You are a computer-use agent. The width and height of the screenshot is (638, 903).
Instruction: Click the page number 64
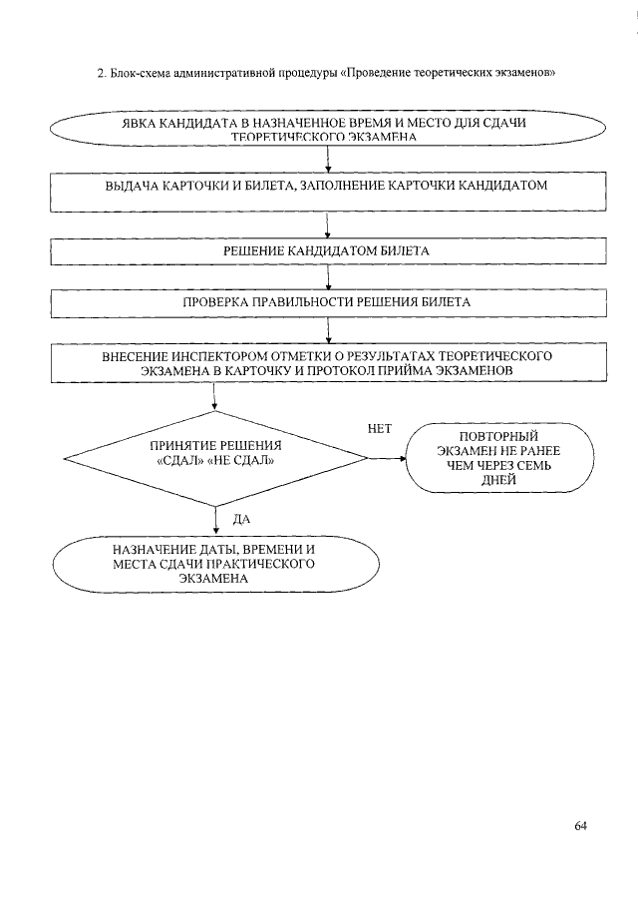[x=581, y=825]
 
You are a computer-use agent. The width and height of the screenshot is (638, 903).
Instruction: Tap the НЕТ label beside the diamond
[x=380, y=429]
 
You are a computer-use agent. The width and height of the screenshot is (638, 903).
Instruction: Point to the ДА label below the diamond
[x=240, y=520]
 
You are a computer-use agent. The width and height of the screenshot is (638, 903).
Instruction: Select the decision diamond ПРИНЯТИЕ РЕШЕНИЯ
[x=215, y=458]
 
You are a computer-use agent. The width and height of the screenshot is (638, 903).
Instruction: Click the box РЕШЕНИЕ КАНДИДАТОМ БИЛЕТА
[x=327, y=251]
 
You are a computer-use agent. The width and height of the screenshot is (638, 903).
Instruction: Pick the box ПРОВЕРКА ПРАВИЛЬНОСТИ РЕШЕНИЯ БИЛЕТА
[x=327, y=301]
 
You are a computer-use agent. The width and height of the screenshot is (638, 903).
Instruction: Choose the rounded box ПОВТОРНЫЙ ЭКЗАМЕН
[x=499, y=458]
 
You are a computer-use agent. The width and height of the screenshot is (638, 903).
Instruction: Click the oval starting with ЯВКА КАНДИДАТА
[x=327, y=130]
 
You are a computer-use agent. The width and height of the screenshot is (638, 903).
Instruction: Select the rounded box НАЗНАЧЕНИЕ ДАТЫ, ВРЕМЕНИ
[x=215, y=564]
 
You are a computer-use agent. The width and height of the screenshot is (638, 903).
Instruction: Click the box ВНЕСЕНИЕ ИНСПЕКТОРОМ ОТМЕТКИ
[x=327, y=363]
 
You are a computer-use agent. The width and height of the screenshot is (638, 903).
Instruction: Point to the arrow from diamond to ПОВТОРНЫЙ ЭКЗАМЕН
[x=387, y=459]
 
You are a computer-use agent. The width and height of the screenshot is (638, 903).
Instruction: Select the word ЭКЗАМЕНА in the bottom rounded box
[x=214, y=579]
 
